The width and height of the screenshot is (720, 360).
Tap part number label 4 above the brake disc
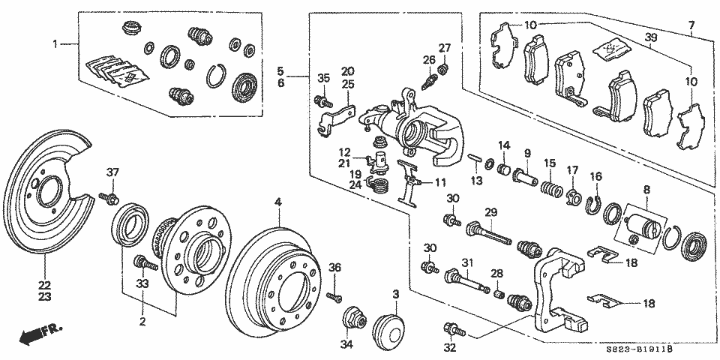277,201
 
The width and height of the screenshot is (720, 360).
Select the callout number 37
112,172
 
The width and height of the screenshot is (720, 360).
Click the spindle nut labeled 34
355,318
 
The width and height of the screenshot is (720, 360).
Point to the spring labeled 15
552,188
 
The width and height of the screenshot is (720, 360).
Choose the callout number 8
648,188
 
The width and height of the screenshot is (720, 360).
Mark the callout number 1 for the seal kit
55,44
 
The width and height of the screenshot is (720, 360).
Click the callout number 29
490,211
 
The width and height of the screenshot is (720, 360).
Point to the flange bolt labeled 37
109,199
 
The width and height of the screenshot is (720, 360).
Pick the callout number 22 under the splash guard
44,285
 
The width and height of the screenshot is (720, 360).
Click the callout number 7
691,24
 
